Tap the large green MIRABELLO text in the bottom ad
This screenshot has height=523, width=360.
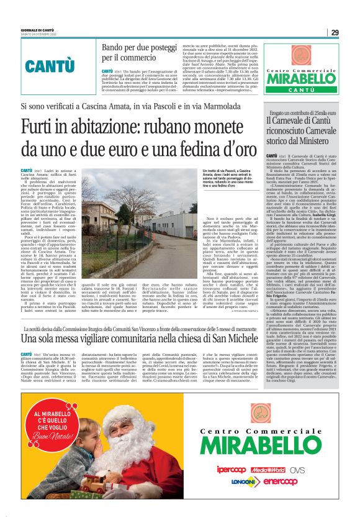click(x=271, y=445)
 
